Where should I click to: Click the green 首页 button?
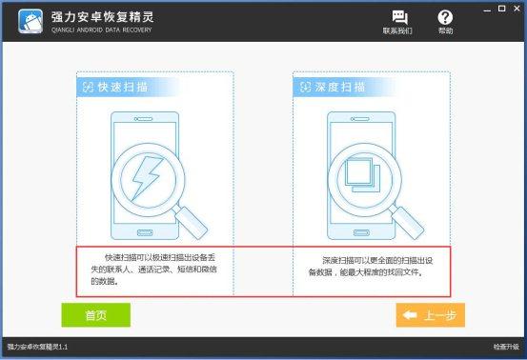pos(96,315)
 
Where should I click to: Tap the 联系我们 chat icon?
pos(399,17)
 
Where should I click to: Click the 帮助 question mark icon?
pos(445,17)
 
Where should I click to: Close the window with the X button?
pos(517,9)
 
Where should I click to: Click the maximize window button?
pos(502,9)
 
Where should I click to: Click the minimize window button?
pos(487,10)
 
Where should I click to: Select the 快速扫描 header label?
pos(122,87)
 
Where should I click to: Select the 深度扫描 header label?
pos(339,87)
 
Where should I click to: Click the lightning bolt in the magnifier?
pos(147,178)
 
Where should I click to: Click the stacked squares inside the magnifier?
pos(363,175)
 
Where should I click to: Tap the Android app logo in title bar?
pos(30,21)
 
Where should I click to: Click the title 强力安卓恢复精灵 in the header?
pos(103,17)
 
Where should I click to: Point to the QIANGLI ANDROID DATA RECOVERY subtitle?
pos(102,30)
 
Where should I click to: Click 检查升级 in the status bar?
pos(506,347)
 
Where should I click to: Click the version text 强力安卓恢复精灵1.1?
pos(37,347)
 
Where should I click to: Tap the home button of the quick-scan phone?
pos(145,232)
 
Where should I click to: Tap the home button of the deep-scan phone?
pos(361,232)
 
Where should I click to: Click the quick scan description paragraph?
pos(153,270)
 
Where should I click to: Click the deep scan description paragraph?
pos(371,267)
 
